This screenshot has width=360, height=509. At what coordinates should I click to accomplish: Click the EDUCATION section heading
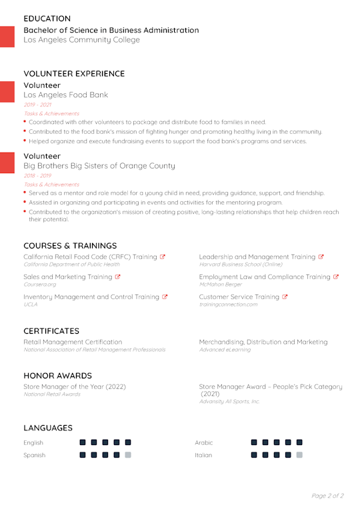coord(47,19)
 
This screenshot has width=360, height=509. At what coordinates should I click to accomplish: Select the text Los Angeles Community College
coord(81,40)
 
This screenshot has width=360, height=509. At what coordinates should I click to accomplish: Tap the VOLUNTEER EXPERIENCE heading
coord(74,74)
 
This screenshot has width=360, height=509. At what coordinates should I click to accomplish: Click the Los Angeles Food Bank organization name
coord(65,95)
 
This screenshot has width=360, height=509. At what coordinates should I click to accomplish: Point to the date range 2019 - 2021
coord(37,105)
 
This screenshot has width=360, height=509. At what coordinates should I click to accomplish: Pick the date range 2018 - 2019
coord(37,176)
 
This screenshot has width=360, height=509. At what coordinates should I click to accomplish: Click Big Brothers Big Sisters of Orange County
coord(99,166)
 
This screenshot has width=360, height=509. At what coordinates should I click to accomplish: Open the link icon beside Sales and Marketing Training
coord(118,276)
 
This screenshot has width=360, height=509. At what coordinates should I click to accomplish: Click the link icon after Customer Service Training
coord(285,296)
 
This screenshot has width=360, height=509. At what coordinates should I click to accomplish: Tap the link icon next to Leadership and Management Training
coord(321,256)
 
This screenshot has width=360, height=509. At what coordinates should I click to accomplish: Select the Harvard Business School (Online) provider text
coord(240,264)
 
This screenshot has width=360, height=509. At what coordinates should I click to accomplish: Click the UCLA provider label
coord(30,304)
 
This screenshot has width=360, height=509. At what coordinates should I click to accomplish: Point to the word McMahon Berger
coord(219,284)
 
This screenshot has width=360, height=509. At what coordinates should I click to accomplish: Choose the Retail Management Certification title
coord(73,342)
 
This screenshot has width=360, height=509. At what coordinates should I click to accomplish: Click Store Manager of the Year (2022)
coord(75,386)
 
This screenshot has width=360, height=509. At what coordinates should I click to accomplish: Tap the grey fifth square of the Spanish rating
coord(128,455)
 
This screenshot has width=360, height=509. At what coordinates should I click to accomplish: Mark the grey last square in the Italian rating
coord(299,455)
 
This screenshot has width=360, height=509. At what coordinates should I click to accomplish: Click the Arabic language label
coord(203,442)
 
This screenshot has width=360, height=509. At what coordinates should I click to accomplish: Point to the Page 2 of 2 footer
coord(327,496)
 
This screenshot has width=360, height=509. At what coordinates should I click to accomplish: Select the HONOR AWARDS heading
coord(58,376)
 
